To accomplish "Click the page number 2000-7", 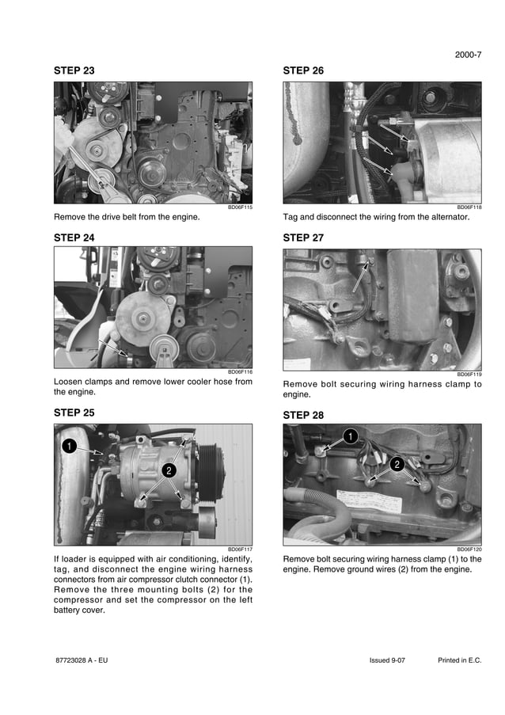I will (x=468, y=55).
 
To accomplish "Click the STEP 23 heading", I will (x=74, y=70).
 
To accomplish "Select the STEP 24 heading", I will (x=74, y=238).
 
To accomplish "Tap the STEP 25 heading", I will (x=74, y=413).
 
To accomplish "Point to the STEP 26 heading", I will (x=303, y=70).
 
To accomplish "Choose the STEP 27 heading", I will (x=303, y=238).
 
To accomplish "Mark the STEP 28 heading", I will (x=303, y=415).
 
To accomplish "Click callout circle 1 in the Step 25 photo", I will (x=70, y=447).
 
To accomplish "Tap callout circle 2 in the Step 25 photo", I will (x=168, y=470).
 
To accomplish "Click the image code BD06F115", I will (x=240, y=207).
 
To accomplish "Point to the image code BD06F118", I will (x=469, y=207).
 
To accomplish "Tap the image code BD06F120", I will (x=469, y=549).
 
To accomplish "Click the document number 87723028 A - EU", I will (x=82, y=660).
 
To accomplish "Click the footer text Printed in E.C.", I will (x=459, y=660).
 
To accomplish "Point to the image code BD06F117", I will (x=240, y=549).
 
